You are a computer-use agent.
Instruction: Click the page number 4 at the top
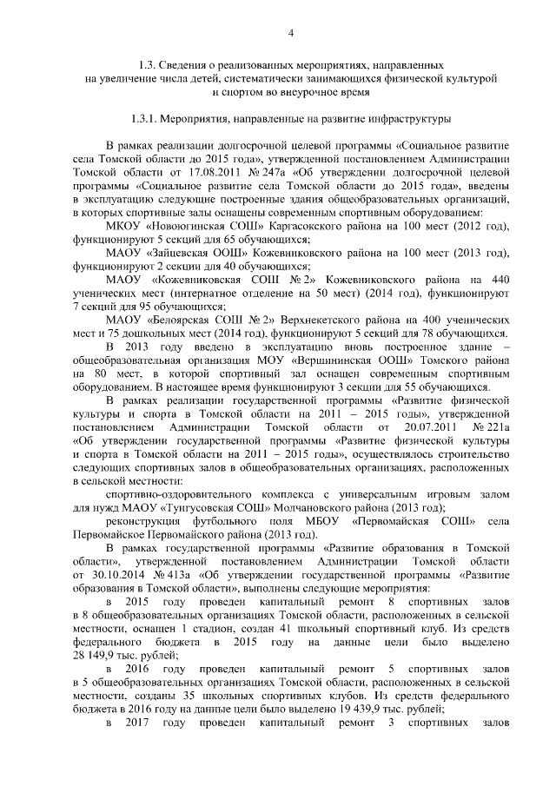292,32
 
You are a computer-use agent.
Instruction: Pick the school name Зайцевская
189,252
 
